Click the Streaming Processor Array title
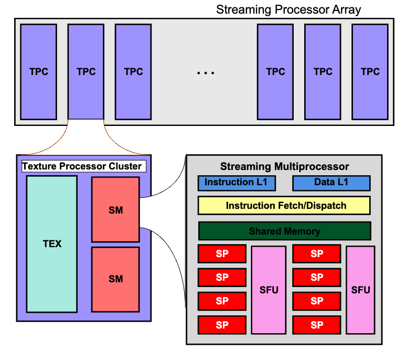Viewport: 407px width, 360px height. (288, 9)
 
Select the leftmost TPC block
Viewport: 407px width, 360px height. (39, 71)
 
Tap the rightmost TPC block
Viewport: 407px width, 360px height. (370, 71)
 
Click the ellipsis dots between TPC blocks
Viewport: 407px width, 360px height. (206, 72)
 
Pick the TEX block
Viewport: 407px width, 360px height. (52, 243)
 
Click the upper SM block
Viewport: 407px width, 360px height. (115, 210)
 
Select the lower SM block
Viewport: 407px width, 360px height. (115, 279)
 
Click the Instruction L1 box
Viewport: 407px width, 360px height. (232, 183)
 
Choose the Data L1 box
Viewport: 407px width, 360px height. (331, 183)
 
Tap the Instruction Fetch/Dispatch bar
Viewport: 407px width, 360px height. (284, 205)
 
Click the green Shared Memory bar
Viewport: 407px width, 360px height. (284, 231)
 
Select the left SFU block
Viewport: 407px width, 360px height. (269, 289)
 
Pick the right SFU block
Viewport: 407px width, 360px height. (360, 289)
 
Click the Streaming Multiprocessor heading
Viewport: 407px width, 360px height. (284, 167)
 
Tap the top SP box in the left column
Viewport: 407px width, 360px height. (222, 254)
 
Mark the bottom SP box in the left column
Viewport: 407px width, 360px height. (222, 325)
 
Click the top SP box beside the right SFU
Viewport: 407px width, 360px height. (317, 254)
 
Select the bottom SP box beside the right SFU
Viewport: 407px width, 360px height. (317, 325)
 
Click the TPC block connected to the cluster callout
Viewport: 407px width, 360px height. (86, 71)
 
